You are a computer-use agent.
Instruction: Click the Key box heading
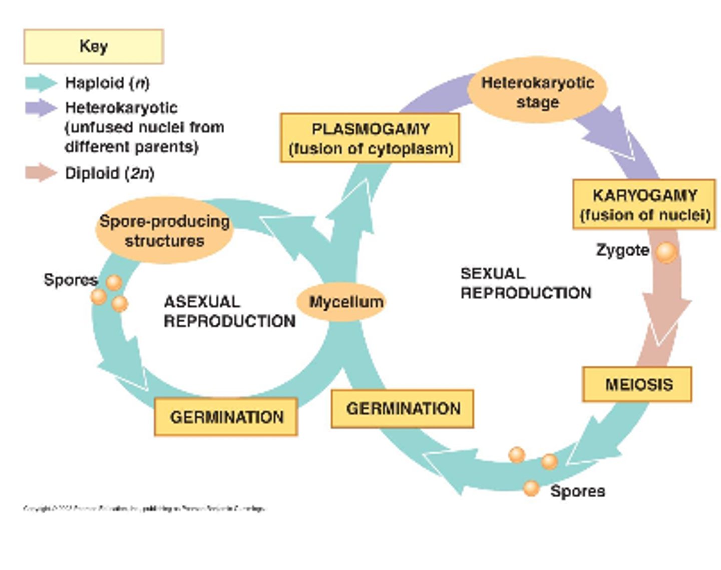click(93, 46)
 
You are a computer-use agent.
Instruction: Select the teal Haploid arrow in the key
click(41, 83)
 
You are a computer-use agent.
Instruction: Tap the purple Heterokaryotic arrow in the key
click(41, 107)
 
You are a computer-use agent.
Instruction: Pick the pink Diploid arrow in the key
click(41, 173)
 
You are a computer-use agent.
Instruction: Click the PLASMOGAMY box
click(370, 138)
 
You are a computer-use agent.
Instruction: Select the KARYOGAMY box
click(644, 204)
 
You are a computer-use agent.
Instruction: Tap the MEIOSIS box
click(637, 384)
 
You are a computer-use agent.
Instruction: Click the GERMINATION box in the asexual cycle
click(226, 417)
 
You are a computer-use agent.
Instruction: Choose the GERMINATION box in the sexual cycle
click(403, 409)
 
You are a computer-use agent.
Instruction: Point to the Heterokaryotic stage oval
click(537, 91)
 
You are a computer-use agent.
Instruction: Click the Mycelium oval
click(345, 302)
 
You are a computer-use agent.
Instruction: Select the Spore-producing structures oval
click(164, 231)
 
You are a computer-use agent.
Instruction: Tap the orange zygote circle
click(666, 252)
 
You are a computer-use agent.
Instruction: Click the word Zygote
click(622, 250)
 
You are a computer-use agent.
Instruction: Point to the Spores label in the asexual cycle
click(70, 279)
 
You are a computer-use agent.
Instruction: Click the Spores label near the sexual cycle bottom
click(577, 491)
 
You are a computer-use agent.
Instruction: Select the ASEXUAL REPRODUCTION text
click(229, 311)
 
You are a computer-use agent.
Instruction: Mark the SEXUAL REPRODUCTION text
click(525, 283)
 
